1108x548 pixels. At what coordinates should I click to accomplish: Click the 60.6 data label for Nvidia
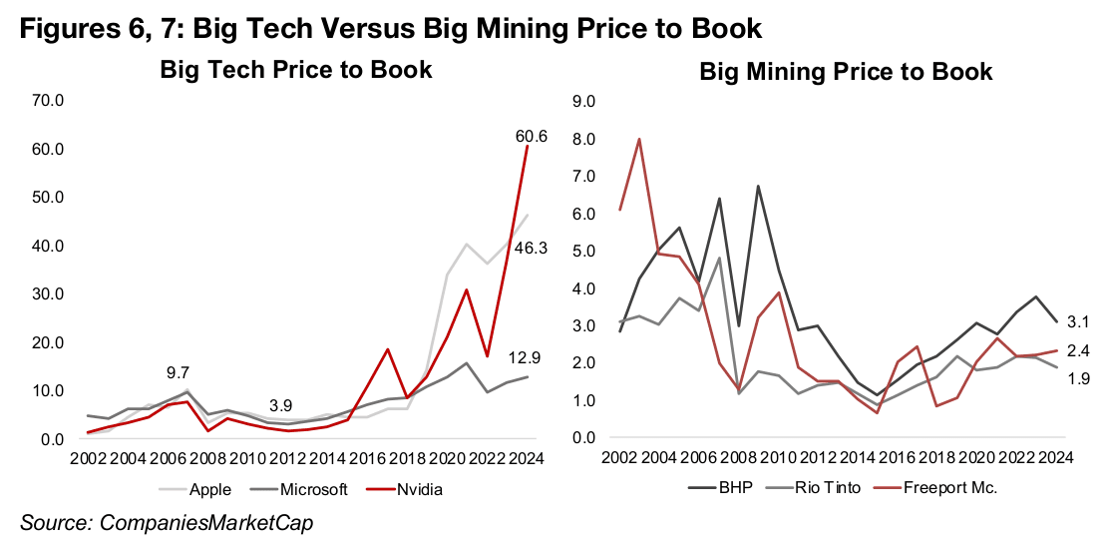coord(531,136)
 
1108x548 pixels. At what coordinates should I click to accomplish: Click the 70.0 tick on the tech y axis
coord(47,101)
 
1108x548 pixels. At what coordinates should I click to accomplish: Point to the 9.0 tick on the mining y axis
coord(582,101)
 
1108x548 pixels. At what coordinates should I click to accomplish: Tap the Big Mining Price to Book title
coord(846,72)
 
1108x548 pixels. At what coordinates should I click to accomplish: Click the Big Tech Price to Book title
coord(297,70)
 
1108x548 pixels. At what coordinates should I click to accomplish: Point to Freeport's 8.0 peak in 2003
coord(638,140)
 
